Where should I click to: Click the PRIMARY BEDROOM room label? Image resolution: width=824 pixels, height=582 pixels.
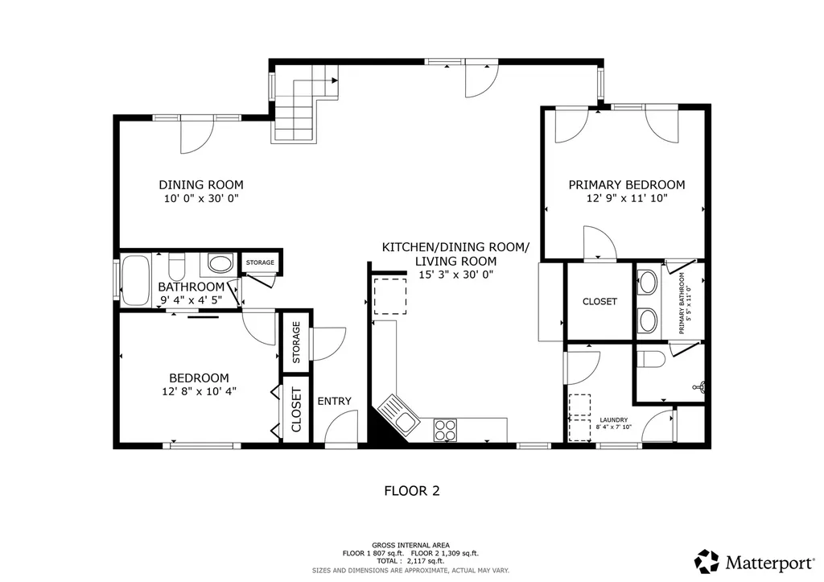tap(627, 184)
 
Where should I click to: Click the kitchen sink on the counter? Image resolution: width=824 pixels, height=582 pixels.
tap(398, 411)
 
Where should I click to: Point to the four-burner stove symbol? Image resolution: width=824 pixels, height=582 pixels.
tap(444, 430)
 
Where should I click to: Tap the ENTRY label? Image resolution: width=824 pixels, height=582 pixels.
tap(334, 402)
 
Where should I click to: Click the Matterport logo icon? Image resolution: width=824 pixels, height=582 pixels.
tap(707, 561)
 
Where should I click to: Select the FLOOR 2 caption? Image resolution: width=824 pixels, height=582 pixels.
tap(411, 489)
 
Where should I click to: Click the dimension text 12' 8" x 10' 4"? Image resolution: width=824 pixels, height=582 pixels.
tap(199, 392)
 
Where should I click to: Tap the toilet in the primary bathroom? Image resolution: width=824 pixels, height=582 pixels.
tap(650, 358)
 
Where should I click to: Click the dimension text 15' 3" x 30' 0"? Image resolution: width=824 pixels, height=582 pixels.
tap(455, 274)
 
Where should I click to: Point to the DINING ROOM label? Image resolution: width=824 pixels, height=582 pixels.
tap(200, 184)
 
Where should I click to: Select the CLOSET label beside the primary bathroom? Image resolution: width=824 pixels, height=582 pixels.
tap(599, 302)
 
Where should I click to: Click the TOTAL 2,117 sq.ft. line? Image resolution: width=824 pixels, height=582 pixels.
tap(411, 561)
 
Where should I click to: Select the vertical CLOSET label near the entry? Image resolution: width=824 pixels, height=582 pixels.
tap(296, 410)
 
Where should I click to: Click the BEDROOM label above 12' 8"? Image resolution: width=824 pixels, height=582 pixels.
tap(199, 378)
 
